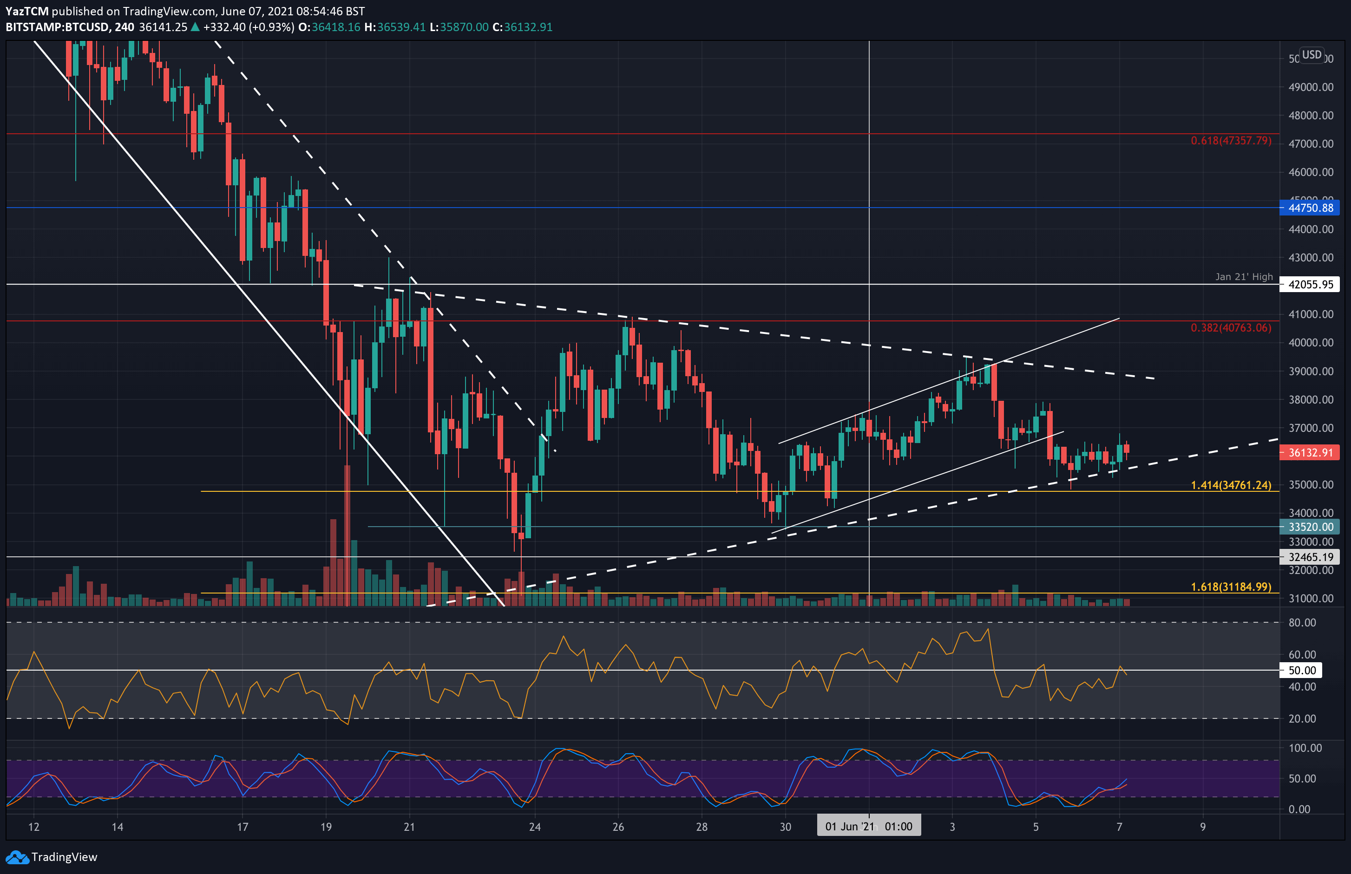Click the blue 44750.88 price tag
click(1310, 208)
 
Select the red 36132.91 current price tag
click(1310, 452)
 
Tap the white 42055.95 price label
click(1310, 284)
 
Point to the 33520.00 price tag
click(1310, 527)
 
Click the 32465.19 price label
click(1310, 557)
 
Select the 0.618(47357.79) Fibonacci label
click(1231, 140)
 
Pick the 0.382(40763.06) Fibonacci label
click(1231, 327)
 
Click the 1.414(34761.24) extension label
click(1231, 485)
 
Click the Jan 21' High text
click(1244, 276)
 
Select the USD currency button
click(1311, 54)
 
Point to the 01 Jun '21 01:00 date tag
click(868, 826)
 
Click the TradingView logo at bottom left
click(52, 857)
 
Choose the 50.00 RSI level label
click(1302, 670)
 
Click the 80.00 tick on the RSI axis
click(1302, 623)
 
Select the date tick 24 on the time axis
click(535, 827)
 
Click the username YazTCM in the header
click(26, 11)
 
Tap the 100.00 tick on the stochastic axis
click(1305, 748)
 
